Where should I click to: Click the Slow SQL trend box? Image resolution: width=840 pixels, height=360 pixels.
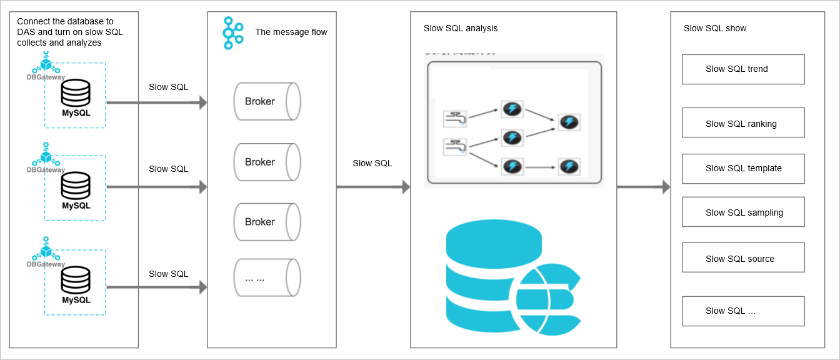pos(743,69)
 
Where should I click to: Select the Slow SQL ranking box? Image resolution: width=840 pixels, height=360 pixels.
pos(743,123)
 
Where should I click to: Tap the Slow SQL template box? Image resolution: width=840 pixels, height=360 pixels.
pos(743,169)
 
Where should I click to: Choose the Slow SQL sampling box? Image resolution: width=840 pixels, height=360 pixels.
pos(743,212)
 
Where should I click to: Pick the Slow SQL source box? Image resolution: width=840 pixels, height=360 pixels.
pos(743,258)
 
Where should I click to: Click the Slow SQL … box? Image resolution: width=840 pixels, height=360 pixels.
pos(743,311)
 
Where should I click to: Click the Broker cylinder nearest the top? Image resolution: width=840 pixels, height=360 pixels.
pos(267,102)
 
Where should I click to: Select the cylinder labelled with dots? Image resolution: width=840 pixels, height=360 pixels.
pos(267,278)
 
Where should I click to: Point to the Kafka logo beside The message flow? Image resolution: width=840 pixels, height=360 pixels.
pos(232,33)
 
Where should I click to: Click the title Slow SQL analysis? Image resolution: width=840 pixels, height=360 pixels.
pos(461,28)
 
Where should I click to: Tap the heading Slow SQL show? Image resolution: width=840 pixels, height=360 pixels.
pos(715,28)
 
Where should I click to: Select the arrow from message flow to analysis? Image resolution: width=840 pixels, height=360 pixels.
pos(372,187)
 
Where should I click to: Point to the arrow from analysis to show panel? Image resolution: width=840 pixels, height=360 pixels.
pos(643,187)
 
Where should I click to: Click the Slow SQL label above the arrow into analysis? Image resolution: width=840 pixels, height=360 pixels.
pos(372,163)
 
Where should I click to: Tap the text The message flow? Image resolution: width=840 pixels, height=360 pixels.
pos(291,32)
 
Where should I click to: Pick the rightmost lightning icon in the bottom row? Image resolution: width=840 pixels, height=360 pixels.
pos(569,167)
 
